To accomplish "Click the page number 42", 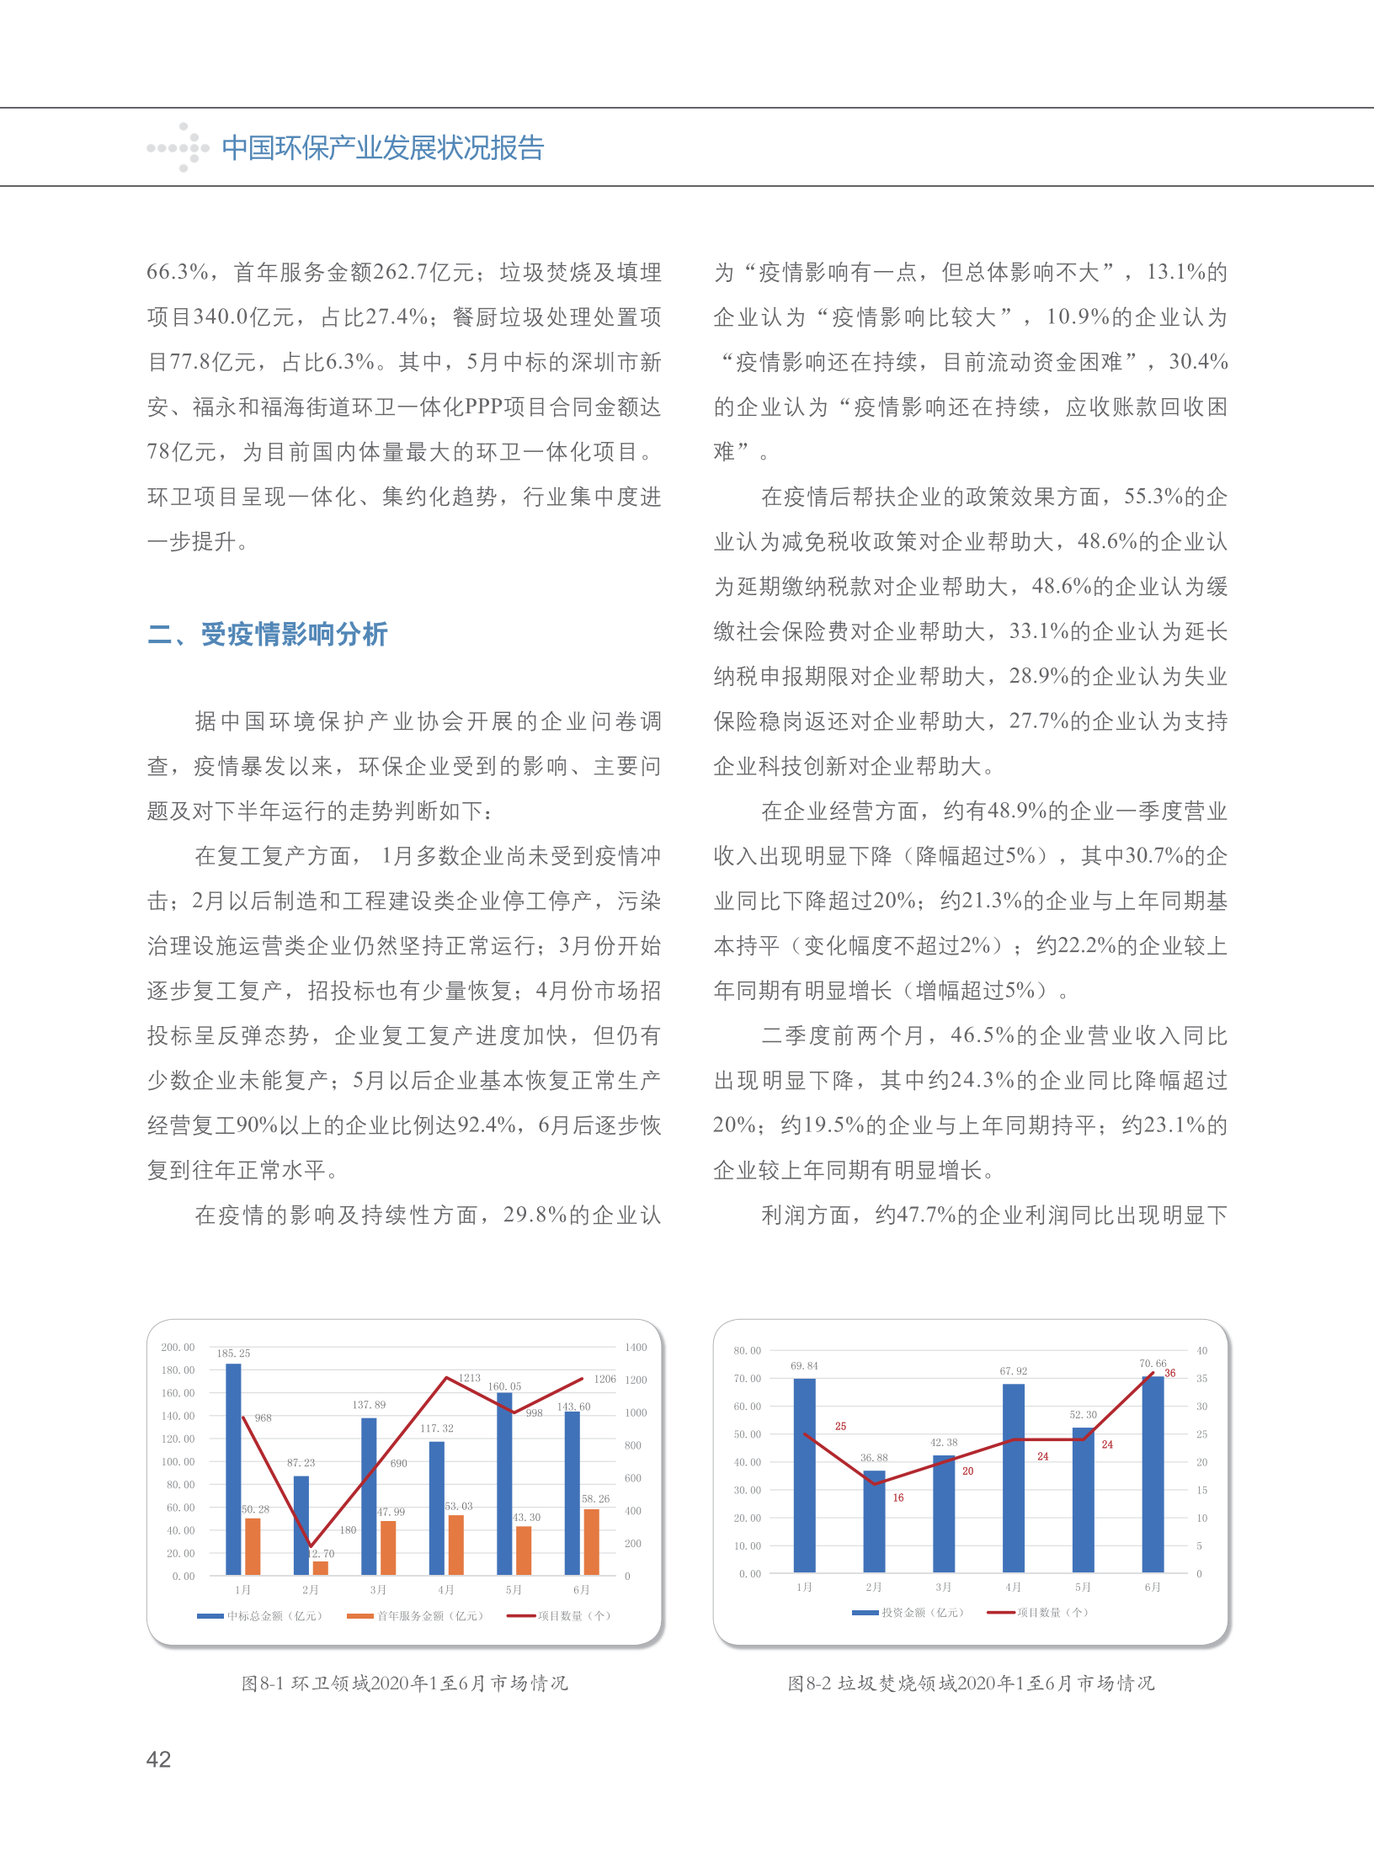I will (x=158, y=1758).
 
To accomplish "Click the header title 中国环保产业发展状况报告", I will (x=383, y=148).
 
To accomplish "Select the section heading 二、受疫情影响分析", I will (x=268, y=634).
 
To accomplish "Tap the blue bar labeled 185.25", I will (x=233, y=1469).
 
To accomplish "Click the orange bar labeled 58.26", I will (x=591, y=1541).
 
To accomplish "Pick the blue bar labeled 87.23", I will (x=301, y=1524).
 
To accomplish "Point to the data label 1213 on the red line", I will (x=469, y=1378).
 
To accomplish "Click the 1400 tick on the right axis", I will (x=636, y=1348).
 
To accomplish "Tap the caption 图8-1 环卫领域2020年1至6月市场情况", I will (x=405, y=1683).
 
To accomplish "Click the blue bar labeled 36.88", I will (x=874, y=1522).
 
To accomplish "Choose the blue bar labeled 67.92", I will (x=1014, y=1478).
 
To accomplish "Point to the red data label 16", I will (x=898, y=1497).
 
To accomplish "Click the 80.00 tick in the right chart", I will (x=747, y=1351).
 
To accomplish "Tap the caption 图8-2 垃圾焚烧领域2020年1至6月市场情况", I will (x=971, y=1683).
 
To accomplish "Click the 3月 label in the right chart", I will (x=944, y=1587).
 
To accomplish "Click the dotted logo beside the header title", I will (x=178, y=148).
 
